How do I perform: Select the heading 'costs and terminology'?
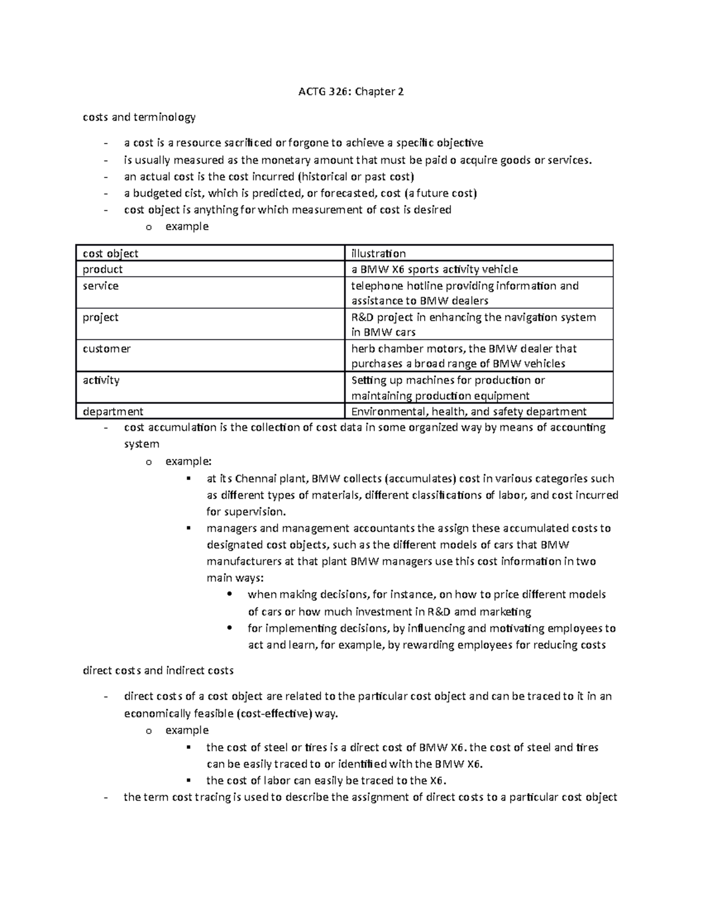(x=139, y=117)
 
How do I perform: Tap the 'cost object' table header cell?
(x=110, y=253)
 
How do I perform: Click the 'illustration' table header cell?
(x=378, y=253)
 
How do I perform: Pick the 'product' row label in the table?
(x=103, y=269)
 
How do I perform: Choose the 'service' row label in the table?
(x=100, y=285)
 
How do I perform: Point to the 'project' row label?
(x=100, y=317)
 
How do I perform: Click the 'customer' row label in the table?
(x=106, y=349)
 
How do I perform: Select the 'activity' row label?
(x=101, y=380)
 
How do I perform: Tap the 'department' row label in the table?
(x=112, y=411)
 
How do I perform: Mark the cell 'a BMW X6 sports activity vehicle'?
(x=434, y=269)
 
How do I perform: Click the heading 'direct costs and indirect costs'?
(x=158, y=670)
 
